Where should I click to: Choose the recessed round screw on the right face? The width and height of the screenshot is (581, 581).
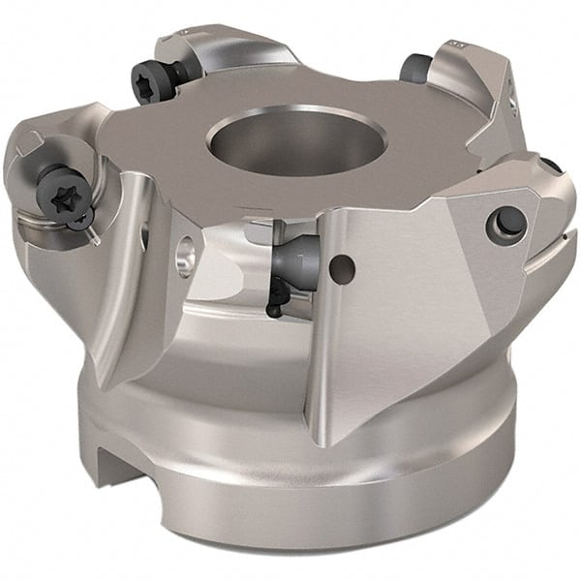click(x=507, y=222)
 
